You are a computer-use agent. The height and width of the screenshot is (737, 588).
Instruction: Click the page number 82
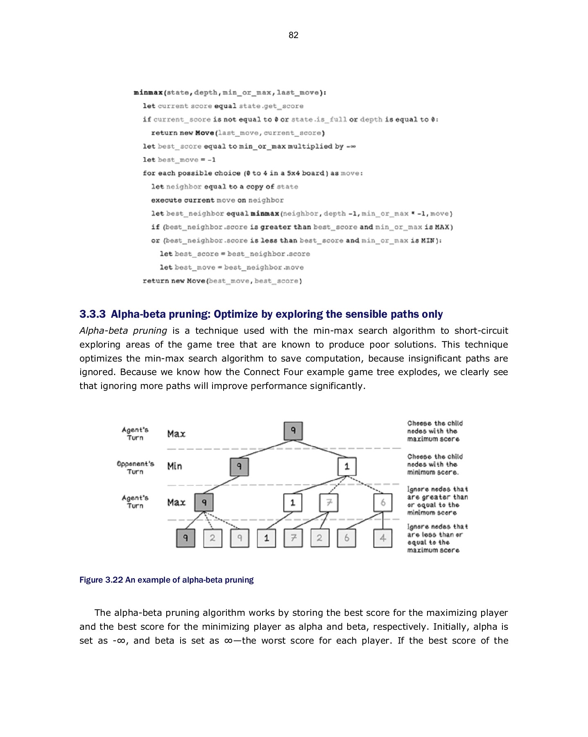point(294,35)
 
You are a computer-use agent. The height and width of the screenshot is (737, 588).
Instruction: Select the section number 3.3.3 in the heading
point(93,314)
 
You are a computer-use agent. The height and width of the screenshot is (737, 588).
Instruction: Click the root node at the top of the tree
point(293,431)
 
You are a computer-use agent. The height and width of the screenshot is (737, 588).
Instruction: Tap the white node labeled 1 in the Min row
point(347,467)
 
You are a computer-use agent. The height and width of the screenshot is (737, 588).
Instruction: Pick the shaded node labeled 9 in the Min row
point(239,467)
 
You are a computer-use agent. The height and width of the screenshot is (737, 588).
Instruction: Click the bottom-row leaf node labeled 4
point(382,538)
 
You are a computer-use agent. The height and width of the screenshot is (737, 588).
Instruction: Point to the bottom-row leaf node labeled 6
point(346,538)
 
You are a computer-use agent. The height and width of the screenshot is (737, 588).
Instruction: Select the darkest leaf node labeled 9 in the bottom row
point(185,538)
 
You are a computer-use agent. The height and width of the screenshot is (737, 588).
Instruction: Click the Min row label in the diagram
point(174,466)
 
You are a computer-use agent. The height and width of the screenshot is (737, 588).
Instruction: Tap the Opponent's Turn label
point(135,468)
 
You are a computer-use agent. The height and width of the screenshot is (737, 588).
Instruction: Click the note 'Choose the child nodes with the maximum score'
point(434,431)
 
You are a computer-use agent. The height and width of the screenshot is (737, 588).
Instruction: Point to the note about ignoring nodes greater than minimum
point(437,501)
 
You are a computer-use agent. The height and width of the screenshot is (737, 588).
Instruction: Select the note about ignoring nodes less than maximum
point(437,538)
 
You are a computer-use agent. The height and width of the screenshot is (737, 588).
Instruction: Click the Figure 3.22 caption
point(166,580)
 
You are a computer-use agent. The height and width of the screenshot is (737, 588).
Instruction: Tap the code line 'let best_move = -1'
point(179,160)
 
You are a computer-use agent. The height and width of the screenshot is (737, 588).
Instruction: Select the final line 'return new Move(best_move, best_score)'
point(222,281)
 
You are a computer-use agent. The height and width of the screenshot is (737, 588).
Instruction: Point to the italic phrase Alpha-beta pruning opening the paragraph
point(123,330)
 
